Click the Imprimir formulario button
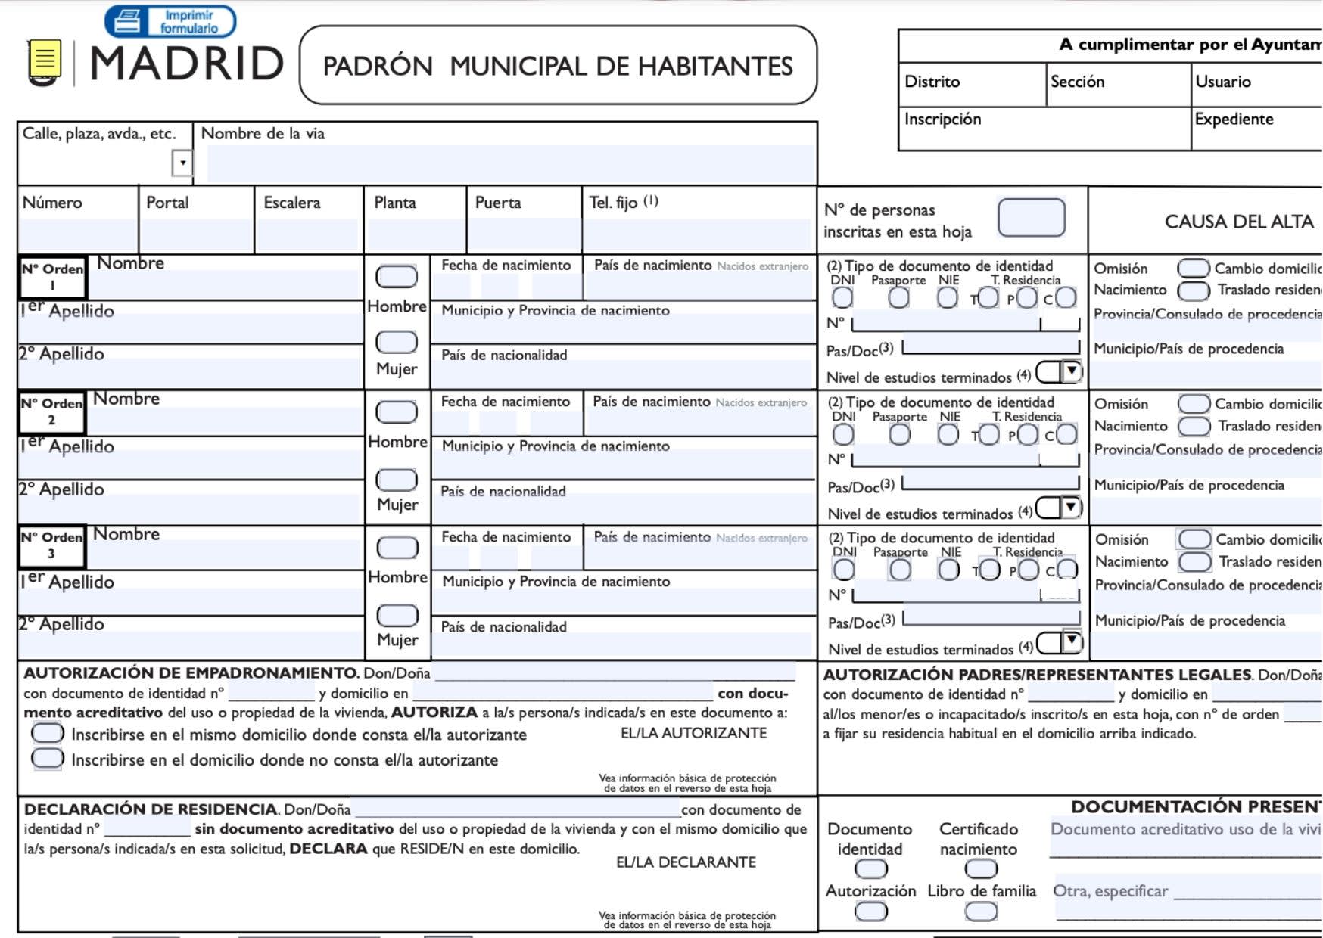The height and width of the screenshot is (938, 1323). (x=170, y=21)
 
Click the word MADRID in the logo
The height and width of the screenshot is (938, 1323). (x=187, y=64)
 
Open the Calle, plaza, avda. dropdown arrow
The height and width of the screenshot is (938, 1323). (x=182, y=163)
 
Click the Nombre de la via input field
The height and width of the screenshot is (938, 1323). (x=511, y=163)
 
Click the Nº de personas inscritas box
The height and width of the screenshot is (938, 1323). (x=1031, y=218)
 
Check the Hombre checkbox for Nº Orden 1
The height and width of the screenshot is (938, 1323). (x=397, y=276)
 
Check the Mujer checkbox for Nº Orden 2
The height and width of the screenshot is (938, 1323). (x=397, y=479)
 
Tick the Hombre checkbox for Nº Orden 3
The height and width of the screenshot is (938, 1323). (x=397, y=547)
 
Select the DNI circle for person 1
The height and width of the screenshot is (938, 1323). (x=842, y=297)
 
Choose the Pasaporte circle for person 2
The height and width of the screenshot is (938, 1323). (x=899, y=434)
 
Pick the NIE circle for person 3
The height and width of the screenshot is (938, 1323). (x=948, y=570)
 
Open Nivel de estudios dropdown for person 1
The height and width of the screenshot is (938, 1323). (x=1071, y=371)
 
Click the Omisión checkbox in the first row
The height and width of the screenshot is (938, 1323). (x=1193, y=269)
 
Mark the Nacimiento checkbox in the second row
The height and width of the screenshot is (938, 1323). (x=1194, y=426)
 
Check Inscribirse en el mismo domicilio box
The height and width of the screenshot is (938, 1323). (x=47, y=733)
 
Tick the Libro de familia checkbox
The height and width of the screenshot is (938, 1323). (x=981, y=912)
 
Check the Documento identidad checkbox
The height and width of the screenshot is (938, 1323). (x=870, y=869)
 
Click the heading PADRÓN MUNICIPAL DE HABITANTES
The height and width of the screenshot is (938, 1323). (x=558, y=66)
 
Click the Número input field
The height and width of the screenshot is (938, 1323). (x=78, y=234)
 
